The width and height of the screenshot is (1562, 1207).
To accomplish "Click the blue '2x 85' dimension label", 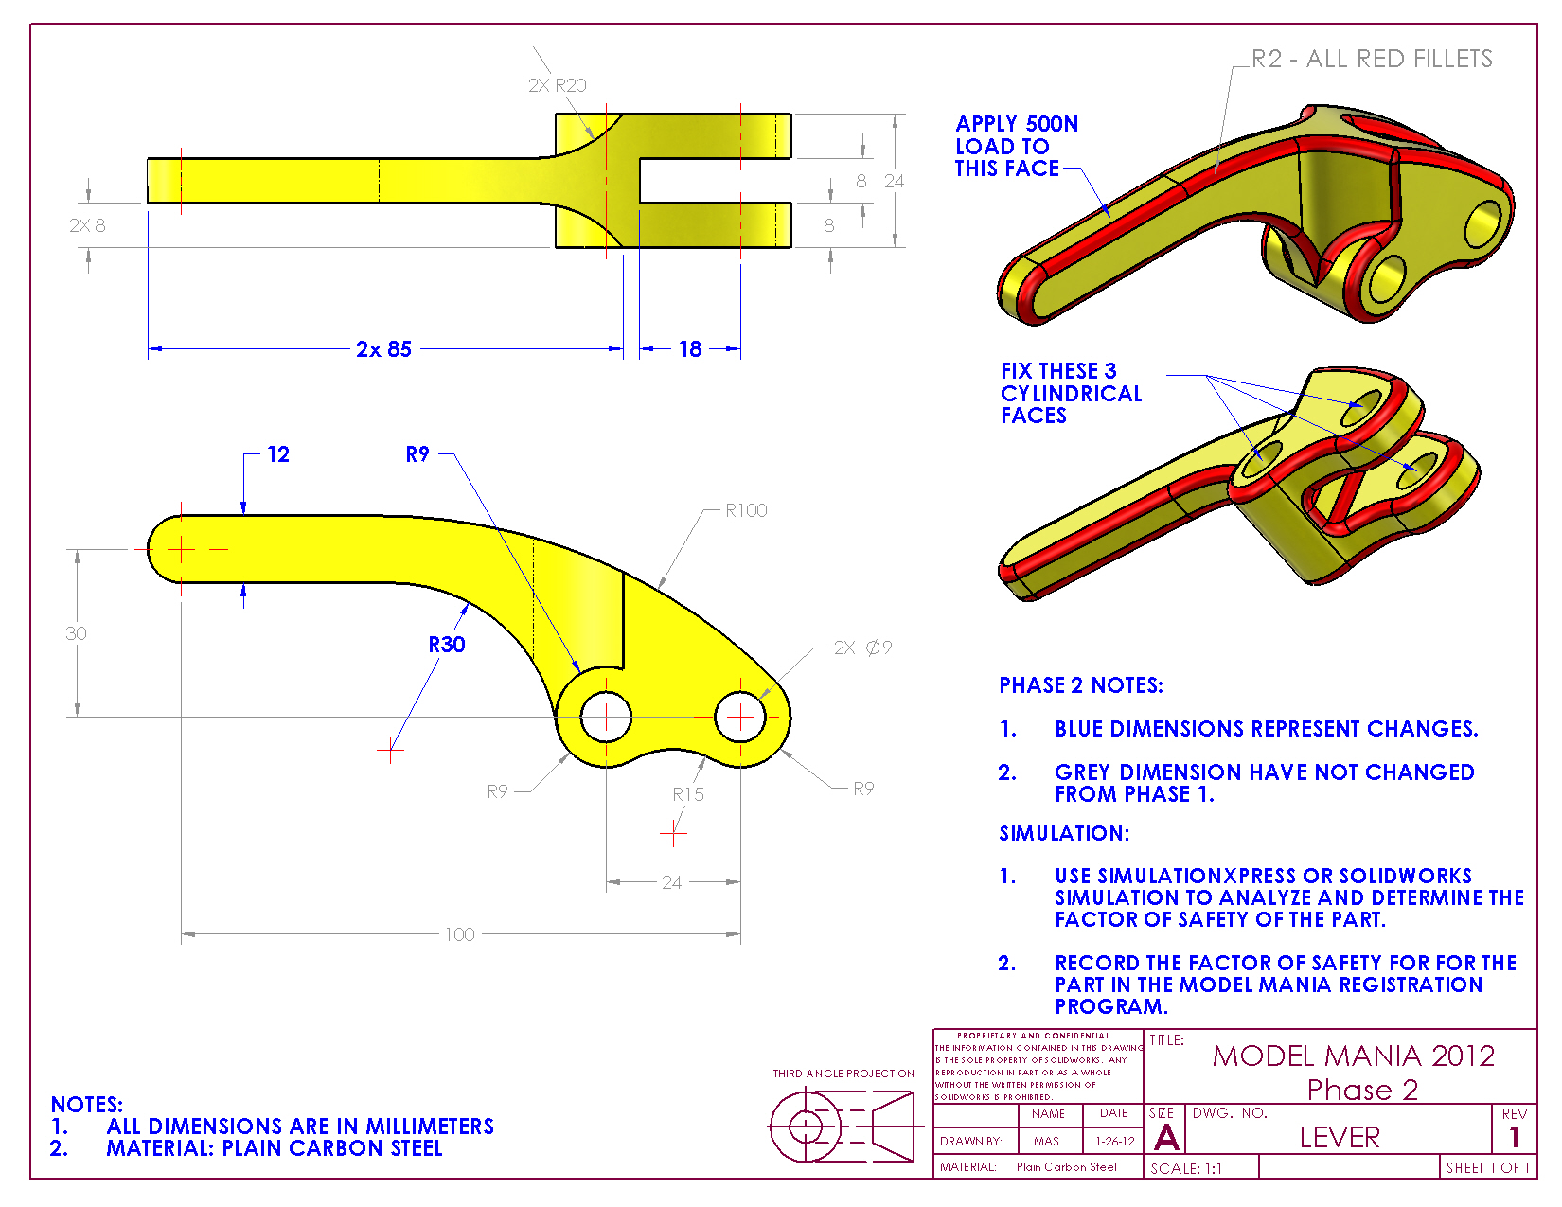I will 383,349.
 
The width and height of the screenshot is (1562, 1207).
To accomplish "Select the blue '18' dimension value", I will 690,349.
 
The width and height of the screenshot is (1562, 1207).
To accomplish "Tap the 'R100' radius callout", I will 746,510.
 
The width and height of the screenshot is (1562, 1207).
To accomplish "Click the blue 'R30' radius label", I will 447,645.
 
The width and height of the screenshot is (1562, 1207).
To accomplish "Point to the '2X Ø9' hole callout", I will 862,648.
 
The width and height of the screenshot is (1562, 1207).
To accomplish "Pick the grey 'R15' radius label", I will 688,794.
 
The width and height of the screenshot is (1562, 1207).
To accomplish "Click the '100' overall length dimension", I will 460,934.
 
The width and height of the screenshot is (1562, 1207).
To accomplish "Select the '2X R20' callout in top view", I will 558,85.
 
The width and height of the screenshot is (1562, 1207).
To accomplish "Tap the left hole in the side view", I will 606,717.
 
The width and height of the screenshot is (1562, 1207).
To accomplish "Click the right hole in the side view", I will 740,717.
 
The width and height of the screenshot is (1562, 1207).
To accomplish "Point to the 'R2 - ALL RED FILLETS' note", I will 1372,59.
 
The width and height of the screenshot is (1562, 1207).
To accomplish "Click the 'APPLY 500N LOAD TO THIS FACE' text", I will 1016,146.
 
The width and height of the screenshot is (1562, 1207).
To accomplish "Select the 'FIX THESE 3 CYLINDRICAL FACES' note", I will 1071,393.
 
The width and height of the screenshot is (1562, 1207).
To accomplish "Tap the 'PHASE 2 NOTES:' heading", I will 1081,685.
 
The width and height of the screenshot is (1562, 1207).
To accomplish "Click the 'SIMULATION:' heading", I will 1064,833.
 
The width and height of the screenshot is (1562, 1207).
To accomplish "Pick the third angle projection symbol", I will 842,1126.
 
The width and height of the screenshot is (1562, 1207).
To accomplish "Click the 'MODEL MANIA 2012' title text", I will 1354,1056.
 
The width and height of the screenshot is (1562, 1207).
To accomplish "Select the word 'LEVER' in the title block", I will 1340,1137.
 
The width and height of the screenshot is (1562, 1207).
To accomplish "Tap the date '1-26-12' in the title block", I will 1115,1142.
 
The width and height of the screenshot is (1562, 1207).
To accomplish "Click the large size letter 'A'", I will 1167,1137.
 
